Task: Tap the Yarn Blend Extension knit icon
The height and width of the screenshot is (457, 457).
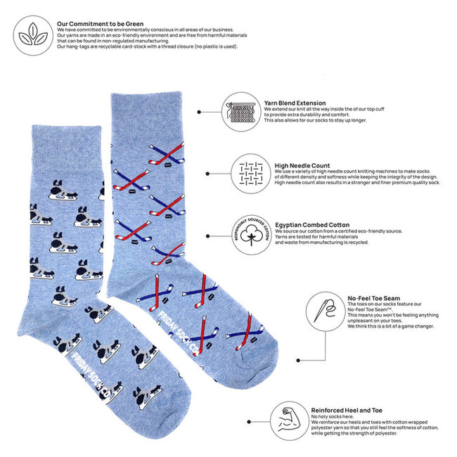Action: (x=240, y=112)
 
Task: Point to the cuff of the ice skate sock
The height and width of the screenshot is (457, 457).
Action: (x=53, y=143)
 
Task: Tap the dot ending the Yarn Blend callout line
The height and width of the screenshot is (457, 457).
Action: (x=200, y=112)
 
